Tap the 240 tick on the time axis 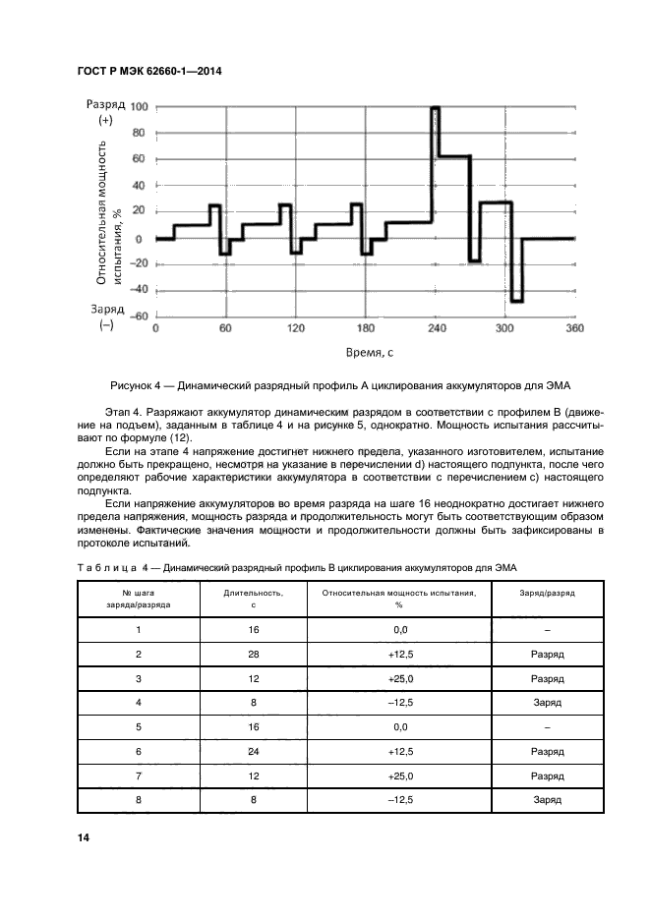(437, 328)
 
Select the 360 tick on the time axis (575, 328)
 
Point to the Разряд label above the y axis (105, 103)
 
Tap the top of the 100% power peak (436, 107)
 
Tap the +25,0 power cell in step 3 (400, 678)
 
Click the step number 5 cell (139, 728)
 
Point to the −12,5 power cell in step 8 (400, 800)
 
